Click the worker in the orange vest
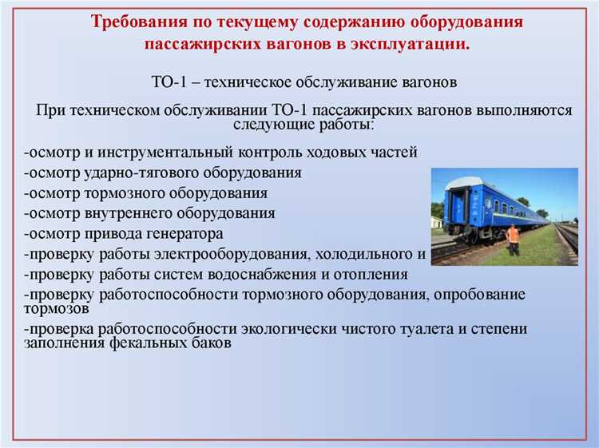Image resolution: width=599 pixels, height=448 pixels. tap(513, 238)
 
